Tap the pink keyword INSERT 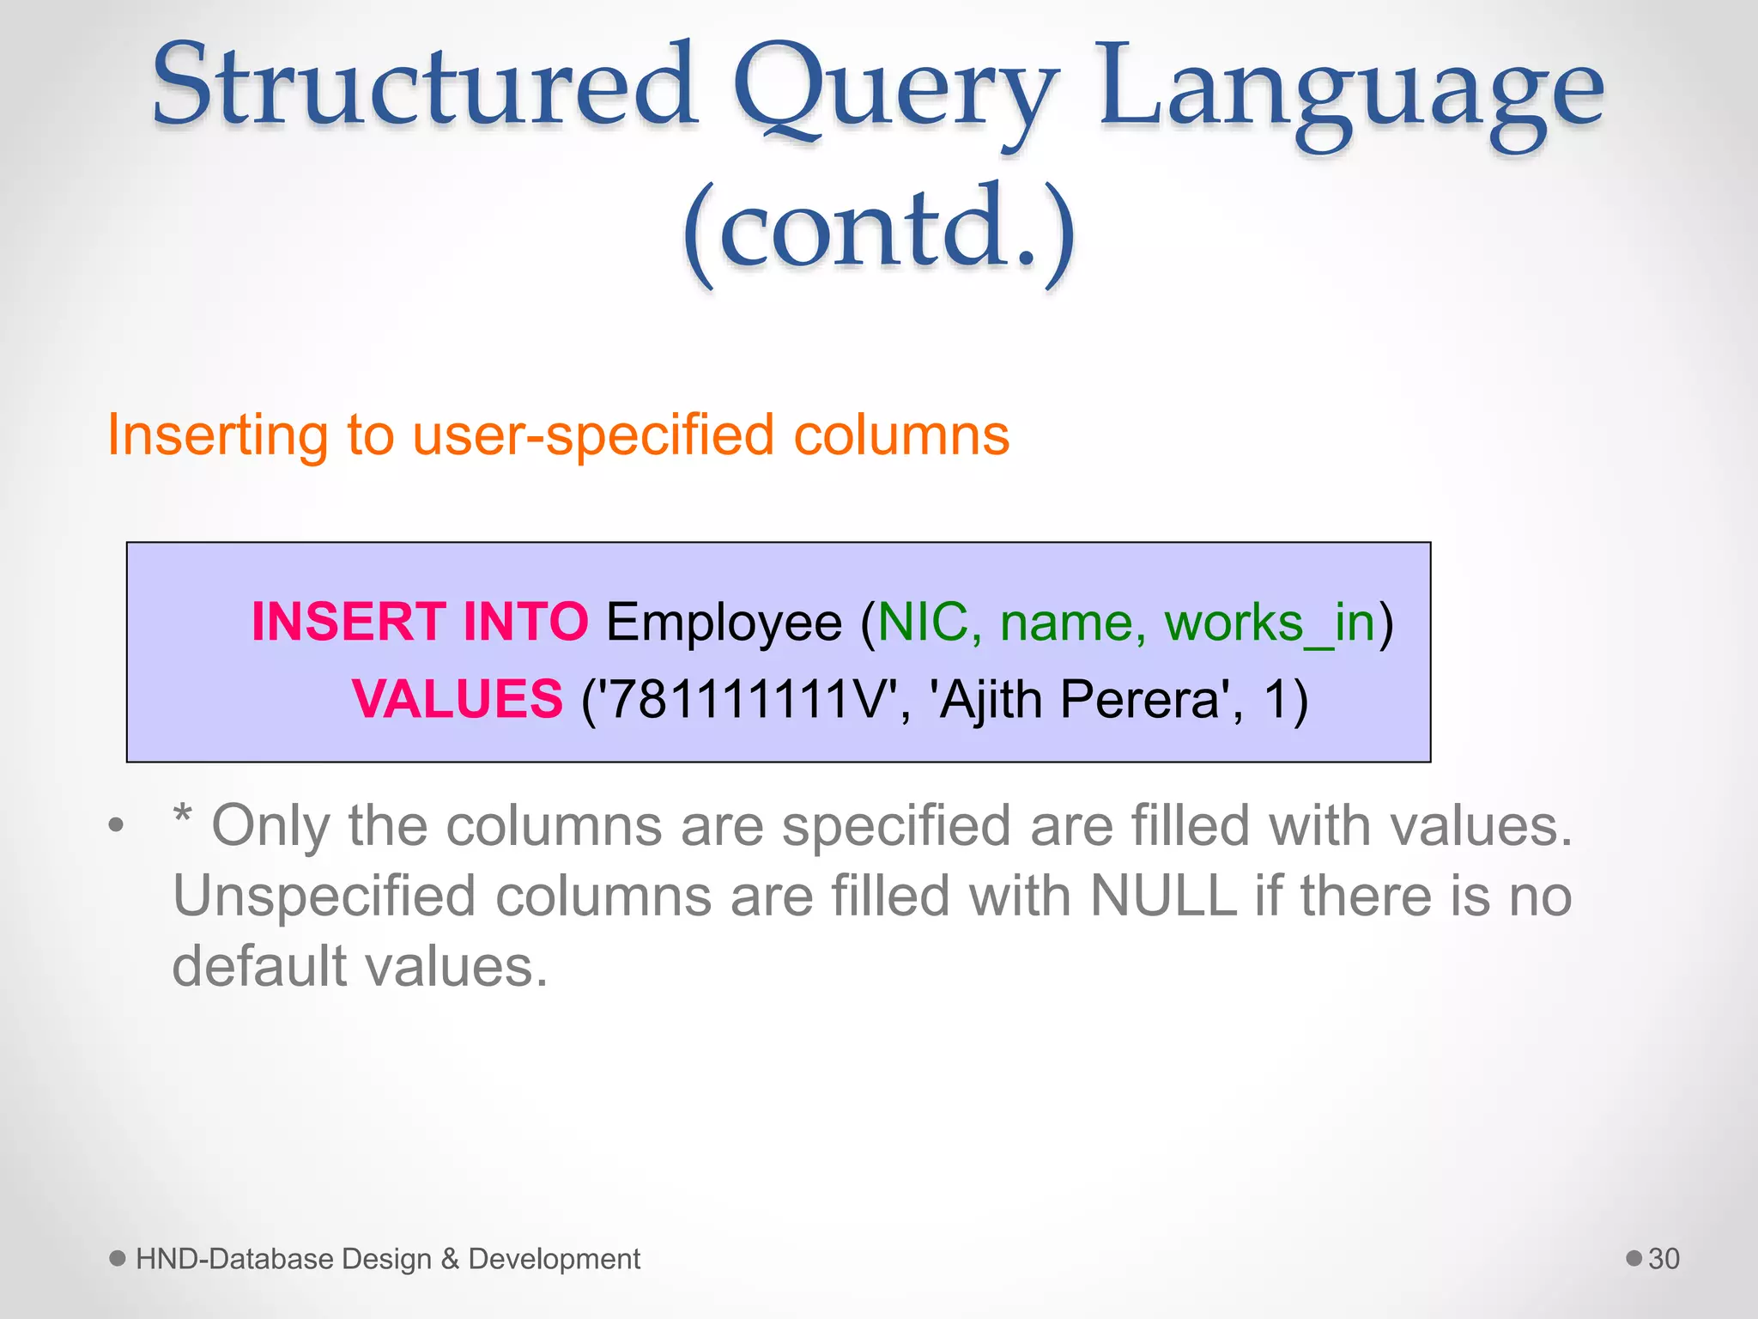point(348,622)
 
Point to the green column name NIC point(923,622)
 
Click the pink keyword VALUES point(458,699)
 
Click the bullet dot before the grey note point(117,826)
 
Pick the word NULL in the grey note point(1163,896)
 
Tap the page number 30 point(1664,1259)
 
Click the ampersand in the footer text point(450,1259)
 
